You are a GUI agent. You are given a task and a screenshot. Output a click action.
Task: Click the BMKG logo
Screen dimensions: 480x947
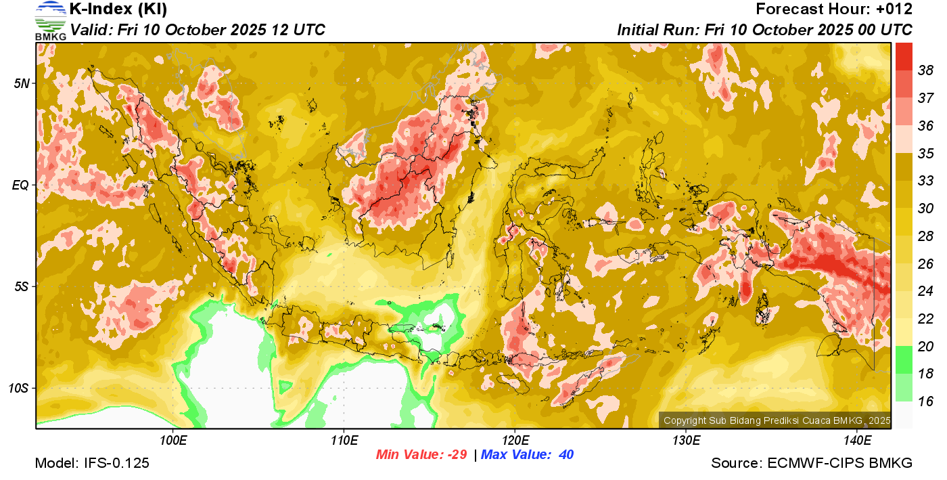[x=51, y=20]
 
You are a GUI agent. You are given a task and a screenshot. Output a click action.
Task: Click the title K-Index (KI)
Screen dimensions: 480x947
[x=118, y=9]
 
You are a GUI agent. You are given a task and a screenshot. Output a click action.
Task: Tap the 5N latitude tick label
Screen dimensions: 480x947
[x=22, y=83]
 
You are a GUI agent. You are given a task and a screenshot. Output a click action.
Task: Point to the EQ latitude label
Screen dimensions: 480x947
[x=22, y=185]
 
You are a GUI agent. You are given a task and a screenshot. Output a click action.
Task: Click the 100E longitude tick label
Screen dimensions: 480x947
[x=173, y=441]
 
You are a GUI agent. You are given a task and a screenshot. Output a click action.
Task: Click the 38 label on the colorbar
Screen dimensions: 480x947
[x=925, y=70]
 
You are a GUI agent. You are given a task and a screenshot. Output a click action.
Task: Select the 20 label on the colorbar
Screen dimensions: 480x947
[x=925, y=346]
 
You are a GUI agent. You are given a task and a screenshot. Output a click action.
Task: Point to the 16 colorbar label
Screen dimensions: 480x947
[x=925, y=401]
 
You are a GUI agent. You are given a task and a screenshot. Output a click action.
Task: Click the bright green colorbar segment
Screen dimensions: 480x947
[x=904, y=359]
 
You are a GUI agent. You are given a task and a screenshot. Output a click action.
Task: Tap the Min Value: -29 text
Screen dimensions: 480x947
[x=421, y=454]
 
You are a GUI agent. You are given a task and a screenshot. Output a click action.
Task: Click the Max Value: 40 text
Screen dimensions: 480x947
[x=528, y=454]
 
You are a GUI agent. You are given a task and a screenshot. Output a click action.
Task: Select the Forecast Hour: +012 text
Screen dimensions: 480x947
[x=834, y=9]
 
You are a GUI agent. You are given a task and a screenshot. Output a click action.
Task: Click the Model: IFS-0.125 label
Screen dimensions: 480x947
[x=92, y=463]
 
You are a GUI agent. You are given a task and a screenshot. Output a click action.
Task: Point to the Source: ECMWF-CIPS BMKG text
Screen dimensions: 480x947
[x=812, y=463]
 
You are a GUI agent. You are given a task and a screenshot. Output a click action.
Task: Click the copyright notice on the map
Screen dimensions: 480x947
[x=777, y=420]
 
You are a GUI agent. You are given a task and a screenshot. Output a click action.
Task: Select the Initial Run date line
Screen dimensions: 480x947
[x=764, y=30]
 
